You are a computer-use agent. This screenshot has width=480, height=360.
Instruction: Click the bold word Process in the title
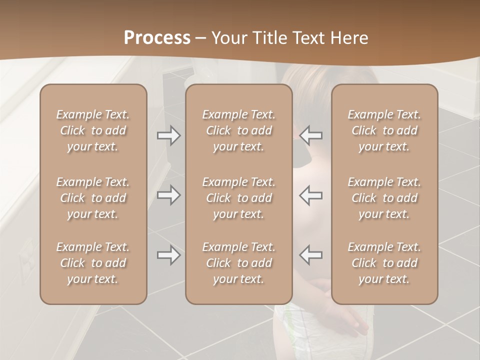[157, 37]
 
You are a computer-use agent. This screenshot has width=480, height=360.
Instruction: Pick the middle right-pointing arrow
[169, 195]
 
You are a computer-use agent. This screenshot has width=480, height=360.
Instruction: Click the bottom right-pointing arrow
[169, 255]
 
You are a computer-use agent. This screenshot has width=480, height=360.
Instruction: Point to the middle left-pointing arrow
[311, 195]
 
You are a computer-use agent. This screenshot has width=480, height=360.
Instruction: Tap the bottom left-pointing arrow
[311, 255]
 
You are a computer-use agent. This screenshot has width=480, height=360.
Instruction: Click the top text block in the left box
[93, 130]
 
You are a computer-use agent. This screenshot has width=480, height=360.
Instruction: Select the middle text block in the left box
[93, 198]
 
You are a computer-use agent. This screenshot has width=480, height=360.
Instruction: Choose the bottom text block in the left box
[93, 263]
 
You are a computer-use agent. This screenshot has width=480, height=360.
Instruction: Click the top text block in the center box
[239, 130]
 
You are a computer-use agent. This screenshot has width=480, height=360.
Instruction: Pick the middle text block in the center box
[239, 198]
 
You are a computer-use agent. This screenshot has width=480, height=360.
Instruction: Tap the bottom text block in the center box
[239, 263]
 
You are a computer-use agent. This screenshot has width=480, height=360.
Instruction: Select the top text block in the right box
[384, 130]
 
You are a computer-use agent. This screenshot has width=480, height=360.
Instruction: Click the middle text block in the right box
[384, 198]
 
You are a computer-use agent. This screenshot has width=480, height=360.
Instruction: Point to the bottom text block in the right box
[384, 263]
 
